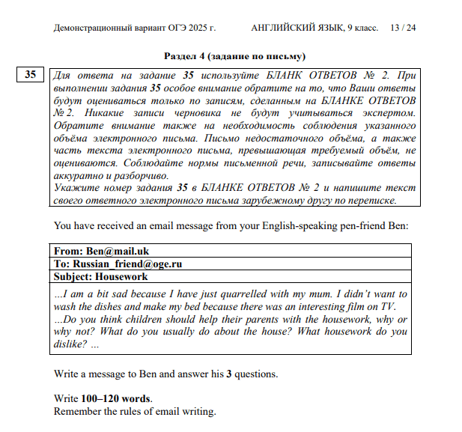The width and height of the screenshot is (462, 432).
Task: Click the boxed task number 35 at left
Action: click(29, 75)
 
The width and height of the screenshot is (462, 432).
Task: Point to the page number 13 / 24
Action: click(403, 28)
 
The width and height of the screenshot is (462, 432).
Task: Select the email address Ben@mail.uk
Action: click(117, 252)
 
